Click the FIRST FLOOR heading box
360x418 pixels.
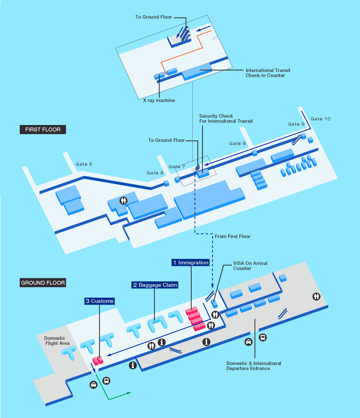[43, 130]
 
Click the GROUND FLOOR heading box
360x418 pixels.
[43, 283]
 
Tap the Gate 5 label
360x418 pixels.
[84, 164]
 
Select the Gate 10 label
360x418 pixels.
[321, 119]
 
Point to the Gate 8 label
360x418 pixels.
[237, 144]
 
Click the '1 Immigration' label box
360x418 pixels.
[190, 262]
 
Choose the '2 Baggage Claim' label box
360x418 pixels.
[155, 285]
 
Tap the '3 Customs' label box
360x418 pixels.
[99, 301]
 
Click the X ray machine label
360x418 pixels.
[159, 101]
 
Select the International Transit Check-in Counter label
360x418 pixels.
[268, 73]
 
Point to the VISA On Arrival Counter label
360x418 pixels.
[250, 266]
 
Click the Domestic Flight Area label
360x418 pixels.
[57, 341]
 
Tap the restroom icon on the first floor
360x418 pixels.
[123, 200]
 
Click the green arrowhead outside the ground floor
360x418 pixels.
[129, 393]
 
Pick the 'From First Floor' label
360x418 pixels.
[233, 236]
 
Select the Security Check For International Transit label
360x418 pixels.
[226, 119]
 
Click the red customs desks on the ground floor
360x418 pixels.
[98, 360]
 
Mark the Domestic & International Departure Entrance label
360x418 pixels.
[254, 366]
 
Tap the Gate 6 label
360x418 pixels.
[155, 173]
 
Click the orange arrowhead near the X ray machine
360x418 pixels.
[166, 73]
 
